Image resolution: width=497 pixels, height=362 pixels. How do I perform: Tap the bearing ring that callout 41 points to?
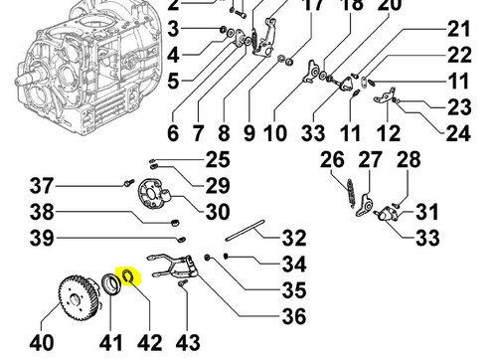(x=110, y=283)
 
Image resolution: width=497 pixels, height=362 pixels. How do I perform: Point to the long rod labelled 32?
(x=245, y=231)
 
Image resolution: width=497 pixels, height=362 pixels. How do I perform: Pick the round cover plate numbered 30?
(x=153, y=195)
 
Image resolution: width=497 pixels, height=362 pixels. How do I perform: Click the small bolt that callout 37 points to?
(x=129, y=182)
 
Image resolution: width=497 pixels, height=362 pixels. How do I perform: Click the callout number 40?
(x=42, y=343)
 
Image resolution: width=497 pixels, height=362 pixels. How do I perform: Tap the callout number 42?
(x=150, y=343)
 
